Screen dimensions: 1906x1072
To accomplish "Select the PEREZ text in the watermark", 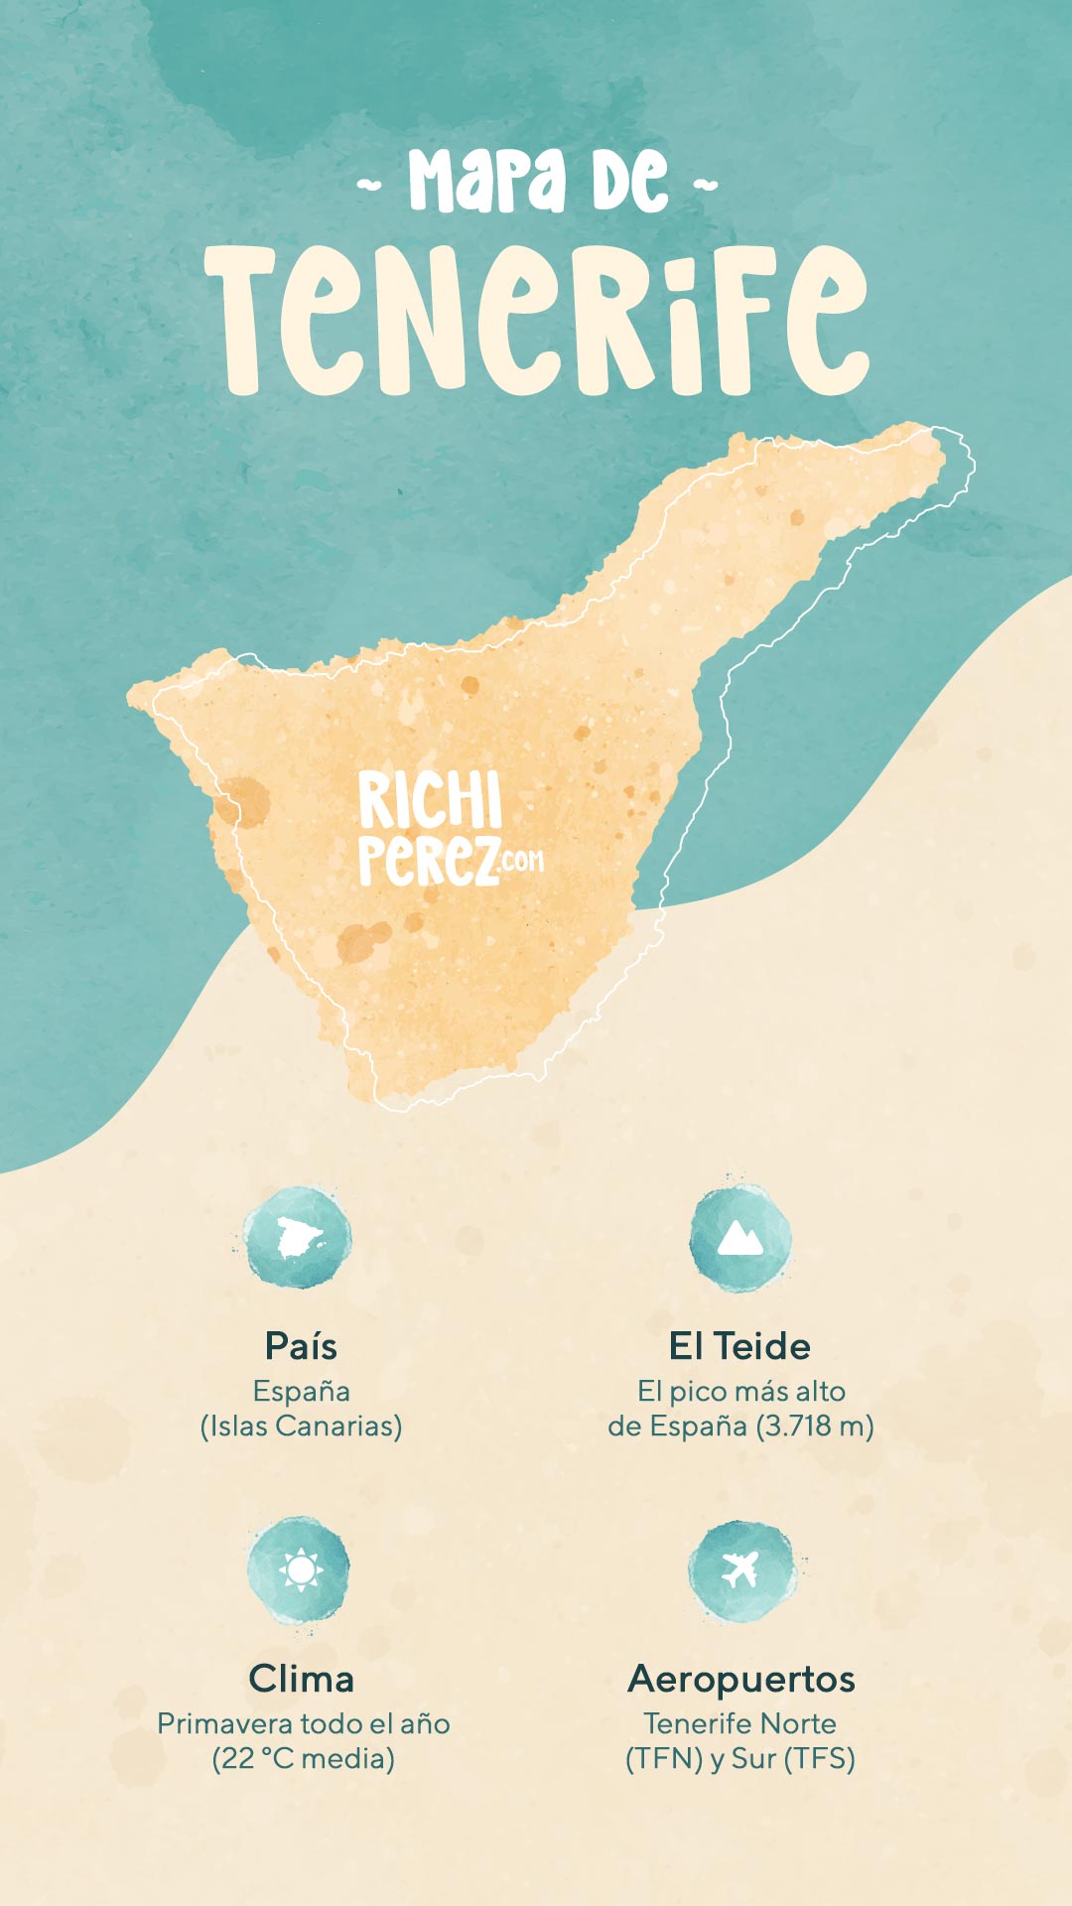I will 428,860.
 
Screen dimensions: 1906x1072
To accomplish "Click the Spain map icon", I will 298,1238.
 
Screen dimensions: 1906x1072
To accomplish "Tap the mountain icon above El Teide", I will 739,1238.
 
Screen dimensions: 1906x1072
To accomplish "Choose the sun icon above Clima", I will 300,1569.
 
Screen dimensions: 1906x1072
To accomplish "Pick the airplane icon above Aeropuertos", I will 740,1569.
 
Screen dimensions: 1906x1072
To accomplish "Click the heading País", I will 301,1346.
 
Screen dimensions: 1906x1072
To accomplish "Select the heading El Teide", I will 739,1346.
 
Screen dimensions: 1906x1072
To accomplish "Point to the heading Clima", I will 301,1679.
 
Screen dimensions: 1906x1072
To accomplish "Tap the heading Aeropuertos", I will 740,1679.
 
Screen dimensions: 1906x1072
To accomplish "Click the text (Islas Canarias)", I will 301,1427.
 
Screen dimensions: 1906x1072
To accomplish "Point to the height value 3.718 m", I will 814,1427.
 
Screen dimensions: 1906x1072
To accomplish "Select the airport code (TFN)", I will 664,1758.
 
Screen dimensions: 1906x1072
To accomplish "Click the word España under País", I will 301,1391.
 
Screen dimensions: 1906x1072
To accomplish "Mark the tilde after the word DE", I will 705,185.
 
